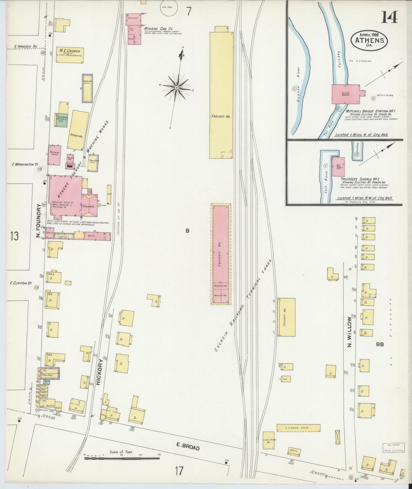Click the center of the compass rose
point(177,88)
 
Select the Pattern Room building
point(54,155)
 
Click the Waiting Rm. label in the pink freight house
point(221,295)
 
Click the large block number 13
point(14,236)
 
